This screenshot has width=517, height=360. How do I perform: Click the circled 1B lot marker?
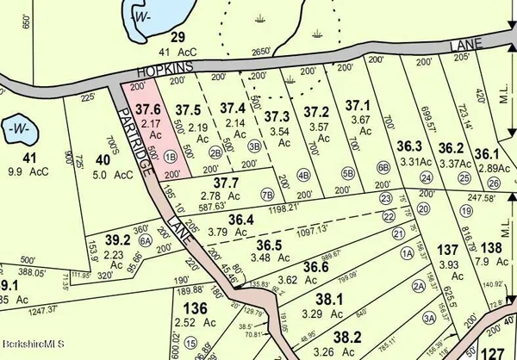tap(171, 157)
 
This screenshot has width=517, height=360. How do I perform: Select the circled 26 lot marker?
tap(493, 183)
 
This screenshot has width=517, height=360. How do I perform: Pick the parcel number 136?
tap(196, 308)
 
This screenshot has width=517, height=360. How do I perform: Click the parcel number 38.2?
tap(346, 337)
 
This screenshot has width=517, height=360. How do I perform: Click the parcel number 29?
tap(178, 37)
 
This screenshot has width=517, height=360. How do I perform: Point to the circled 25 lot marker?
tap(464, 178)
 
